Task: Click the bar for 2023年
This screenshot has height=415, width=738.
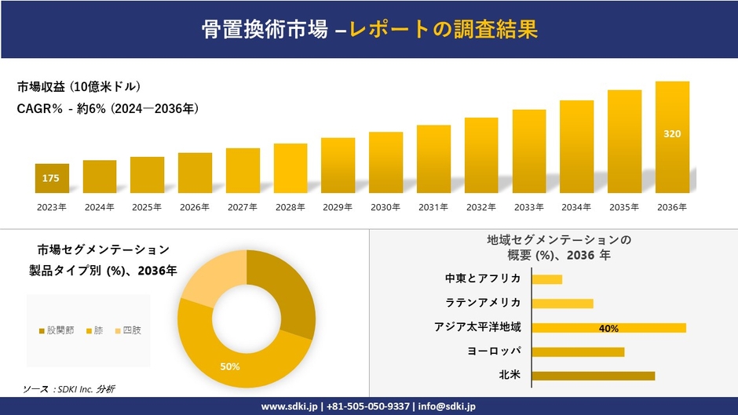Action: (x=52, y=178)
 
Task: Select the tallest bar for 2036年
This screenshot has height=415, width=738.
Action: (x=672, y=137)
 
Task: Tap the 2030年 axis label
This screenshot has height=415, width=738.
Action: (x=385, y=207)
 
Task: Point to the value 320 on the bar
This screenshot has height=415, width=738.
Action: (x=672, y=134)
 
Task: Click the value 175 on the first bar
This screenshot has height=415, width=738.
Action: (x=51, y=179)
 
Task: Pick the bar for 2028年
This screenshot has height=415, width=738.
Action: (x=290, y=168)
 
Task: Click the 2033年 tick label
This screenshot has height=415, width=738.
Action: (x=529, y=207)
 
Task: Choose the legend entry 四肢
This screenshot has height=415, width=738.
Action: (x=127, y=330)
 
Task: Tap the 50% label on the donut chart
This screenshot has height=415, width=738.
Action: (x=230, y=366)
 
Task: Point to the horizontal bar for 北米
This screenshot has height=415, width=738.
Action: (x=593, y=376)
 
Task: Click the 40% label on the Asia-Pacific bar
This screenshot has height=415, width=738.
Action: (x=608, y=328)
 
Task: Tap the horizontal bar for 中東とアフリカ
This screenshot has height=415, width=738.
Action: (x=547, y=279)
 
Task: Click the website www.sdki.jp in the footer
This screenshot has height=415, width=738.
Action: (x=288, y=406)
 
